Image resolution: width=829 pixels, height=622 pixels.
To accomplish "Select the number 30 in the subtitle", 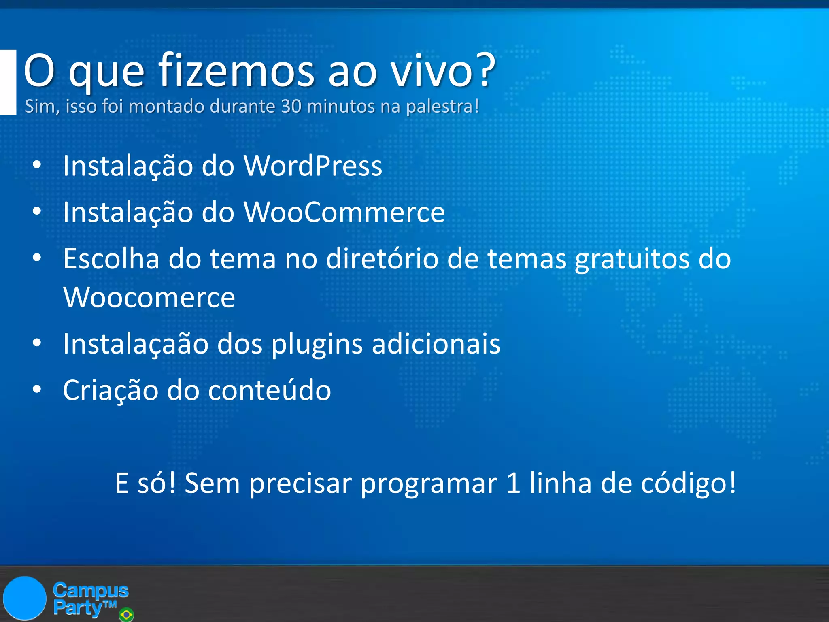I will [x=291, y=106].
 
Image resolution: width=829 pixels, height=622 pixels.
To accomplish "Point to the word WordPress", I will [x=312, y=166].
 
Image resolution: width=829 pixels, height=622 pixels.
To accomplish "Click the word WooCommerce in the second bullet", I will [x=344, y=212].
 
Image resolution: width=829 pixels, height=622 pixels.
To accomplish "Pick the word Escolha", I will [x=111, y=259].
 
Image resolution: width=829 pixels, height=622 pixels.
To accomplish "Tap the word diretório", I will [x=382, y=259].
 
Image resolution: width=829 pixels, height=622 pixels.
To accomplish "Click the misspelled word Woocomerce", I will [x=149, y=298].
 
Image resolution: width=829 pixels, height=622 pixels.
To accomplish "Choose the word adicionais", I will [x=436, y=344].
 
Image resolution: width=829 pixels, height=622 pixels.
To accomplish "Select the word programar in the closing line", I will [x=429, y=484].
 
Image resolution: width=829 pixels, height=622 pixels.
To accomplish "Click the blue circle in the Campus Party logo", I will [x=25, y=598].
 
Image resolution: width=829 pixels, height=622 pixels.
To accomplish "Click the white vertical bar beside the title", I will [x=8, y=82].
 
